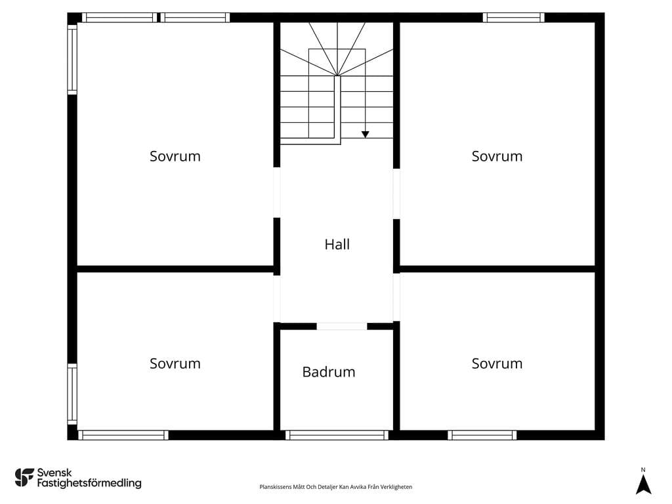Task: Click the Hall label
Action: pos(337,244)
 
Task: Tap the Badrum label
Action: pos(329,371)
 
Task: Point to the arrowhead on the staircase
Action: pos(365,134)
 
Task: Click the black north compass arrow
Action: pos(643,485)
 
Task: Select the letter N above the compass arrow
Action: pos(643,470)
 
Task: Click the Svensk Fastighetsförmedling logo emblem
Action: pos(24,478)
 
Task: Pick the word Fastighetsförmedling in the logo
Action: pos(89,484)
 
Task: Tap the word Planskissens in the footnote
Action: pos(276,487)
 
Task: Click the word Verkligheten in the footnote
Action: pos(396,487)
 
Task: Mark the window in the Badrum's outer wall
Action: pos(337,435)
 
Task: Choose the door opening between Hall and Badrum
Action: pos(341,326)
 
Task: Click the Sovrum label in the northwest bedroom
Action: pos(175,156)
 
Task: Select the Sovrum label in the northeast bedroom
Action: pos(497,156)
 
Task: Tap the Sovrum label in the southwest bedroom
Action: pos(175,364)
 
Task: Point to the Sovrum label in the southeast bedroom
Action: pos(497,364)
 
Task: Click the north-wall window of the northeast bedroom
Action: pos(513,18)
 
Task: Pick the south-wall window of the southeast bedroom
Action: pos(482,435)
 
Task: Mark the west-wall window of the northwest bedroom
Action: pos(72,59)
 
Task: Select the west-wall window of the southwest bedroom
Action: pos(72,394)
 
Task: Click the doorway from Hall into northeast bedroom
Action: pos(396,194)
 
